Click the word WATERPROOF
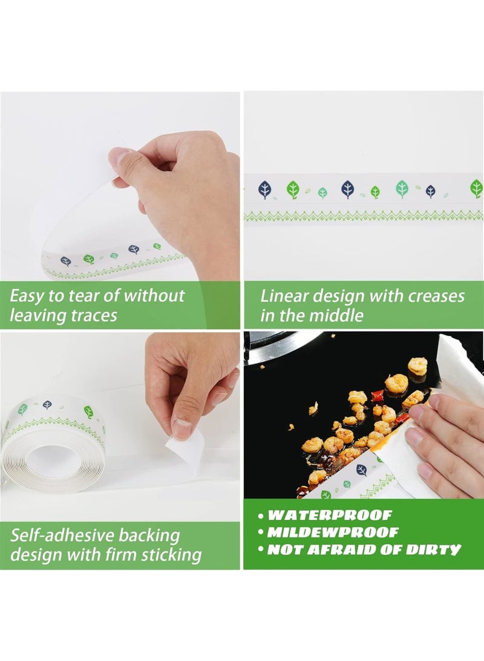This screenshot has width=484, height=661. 330,515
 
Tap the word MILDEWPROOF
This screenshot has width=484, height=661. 333,532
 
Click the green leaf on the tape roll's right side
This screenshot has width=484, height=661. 89,411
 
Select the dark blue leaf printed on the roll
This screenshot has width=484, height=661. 48,405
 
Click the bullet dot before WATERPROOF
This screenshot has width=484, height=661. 261,516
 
